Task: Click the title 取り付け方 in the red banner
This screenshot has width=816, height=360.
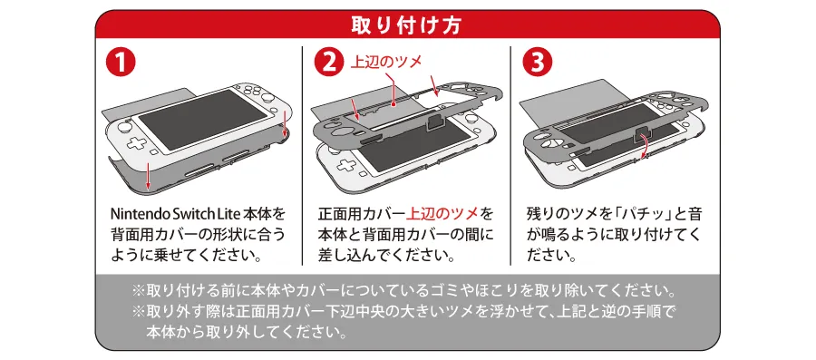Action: tap(407, 24)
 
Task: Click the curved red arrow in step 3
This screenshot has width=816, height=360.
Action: tap(642, 144)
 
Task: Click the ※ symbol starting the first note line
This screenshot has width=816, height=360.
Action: tap(139, 292)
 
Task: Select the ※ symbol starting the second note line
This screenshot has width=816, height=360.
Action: tap(139, 312)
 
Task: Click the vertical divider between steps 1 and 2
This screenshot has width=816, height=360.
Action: tap(302, 154)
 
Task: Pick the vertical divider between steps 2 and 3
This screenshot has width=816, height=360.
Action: tap(510, 154)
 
